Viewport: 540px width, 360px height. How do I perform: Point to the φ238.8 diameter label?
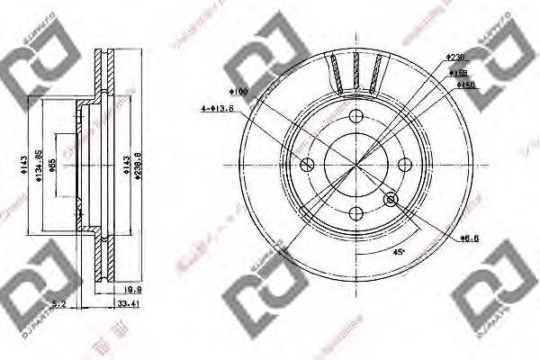click(x=138, y=166)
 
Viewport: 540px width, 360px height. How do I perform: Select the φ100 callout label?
click(x=238, y=91)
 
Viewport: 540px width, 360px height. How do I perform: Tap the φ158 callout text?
click(x=459, y=72)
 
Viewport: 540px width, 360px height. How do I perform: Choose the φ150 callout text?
click(x=466, y=85)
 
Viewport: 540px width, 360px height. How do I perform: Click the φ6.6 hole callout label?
click(x=467, y=238)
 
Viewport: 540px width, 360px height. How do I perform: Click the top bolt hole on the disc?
click(x=355, y=117)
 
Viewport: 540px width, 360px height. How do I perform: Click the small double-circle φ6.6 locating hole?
click(x=391, y=199)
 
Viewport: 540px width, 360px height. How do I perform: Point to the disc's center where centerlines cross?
click(x=355, y=165)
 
